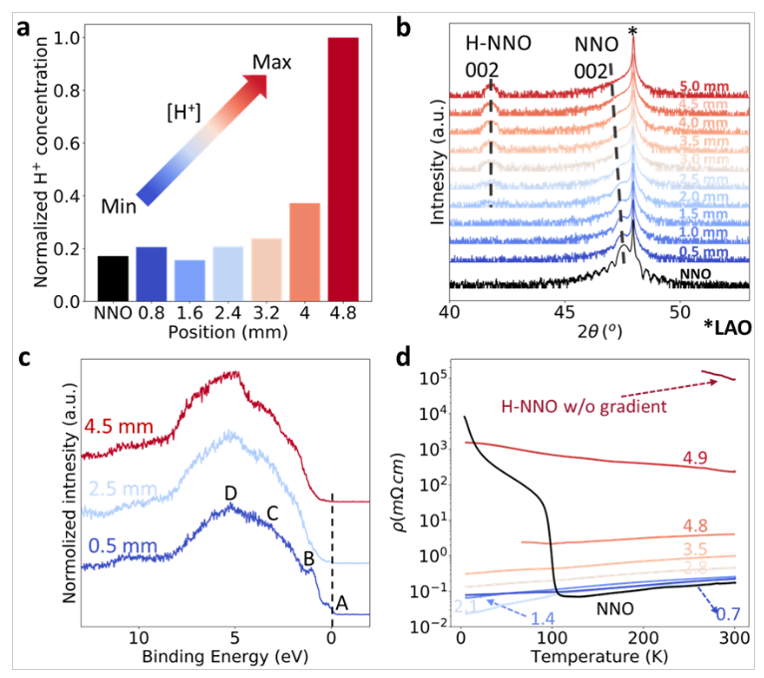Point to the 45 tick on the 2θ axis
pos(566,310)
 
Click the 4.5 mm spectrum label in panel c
pos(119,428)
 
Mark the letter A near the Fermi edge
pos(342,601)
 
